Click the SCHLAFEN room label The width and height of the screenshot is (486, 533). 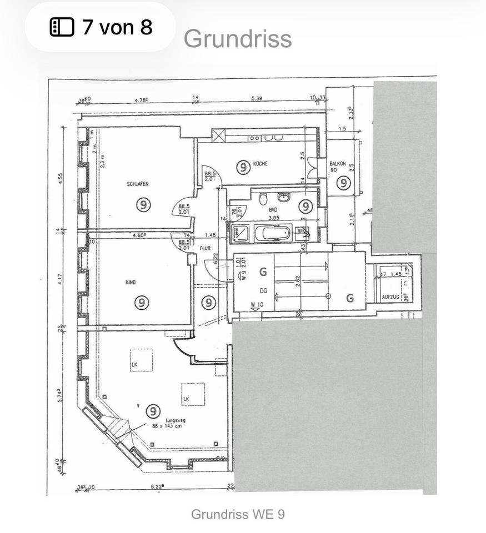pyautogui.click(x=137, y=184)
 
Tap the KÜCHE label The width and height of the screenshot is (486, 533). pyautogui.click(x=260, y=164)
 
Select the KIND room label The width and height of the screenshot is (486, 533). pyautogui.click(x=131, y=283)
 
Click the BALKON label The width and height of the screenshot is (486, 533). pyautogui.click(x=338, y=164)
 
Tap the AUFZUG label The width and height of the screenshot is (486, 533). pyautogui.click(x=390, y=298)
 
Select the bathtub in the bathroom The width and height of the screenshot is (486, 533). pyautogui.click(x=273, y=232)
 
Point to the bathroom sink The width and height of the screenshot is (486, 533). pyautogui.click(x=284, y=197)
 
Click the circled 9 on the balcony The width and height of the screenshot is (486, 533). pyautogui.click(x=344, y=182)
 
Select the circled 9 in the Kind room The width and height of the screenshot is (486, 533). pyautogui.click(x=143, y=303)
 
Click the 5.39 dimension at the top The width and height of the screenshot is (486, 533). pyautogui.click(x=257, y=98)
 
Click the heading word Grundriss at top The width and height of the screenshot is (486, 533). pyautogui.click(x=237, y=38)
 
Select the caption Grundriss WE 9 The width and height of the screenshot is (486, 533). pyautogui.click(x=238, y=514)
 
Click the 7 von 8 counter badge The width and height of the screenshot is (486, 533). pyautogui.click(x=101, y=27)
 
